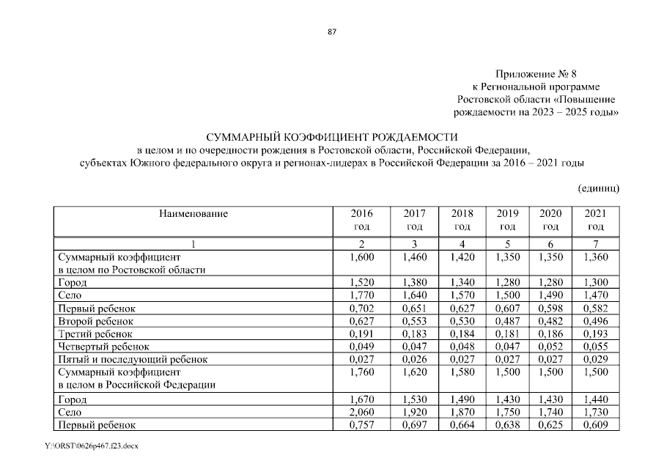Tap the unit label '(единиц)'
(599, 188)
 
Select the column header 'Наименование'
(193, 214)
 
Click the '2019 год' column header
(507, 221)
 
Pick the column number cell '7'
(594, 244)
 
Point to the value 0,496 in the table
(594, 320)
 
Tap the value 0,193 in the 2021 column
(594, 333)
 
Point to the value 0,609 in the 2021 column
(594, 425)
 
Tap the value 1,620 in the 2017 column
(414, 372)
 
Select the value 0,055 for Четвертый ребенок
(594, 346)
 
